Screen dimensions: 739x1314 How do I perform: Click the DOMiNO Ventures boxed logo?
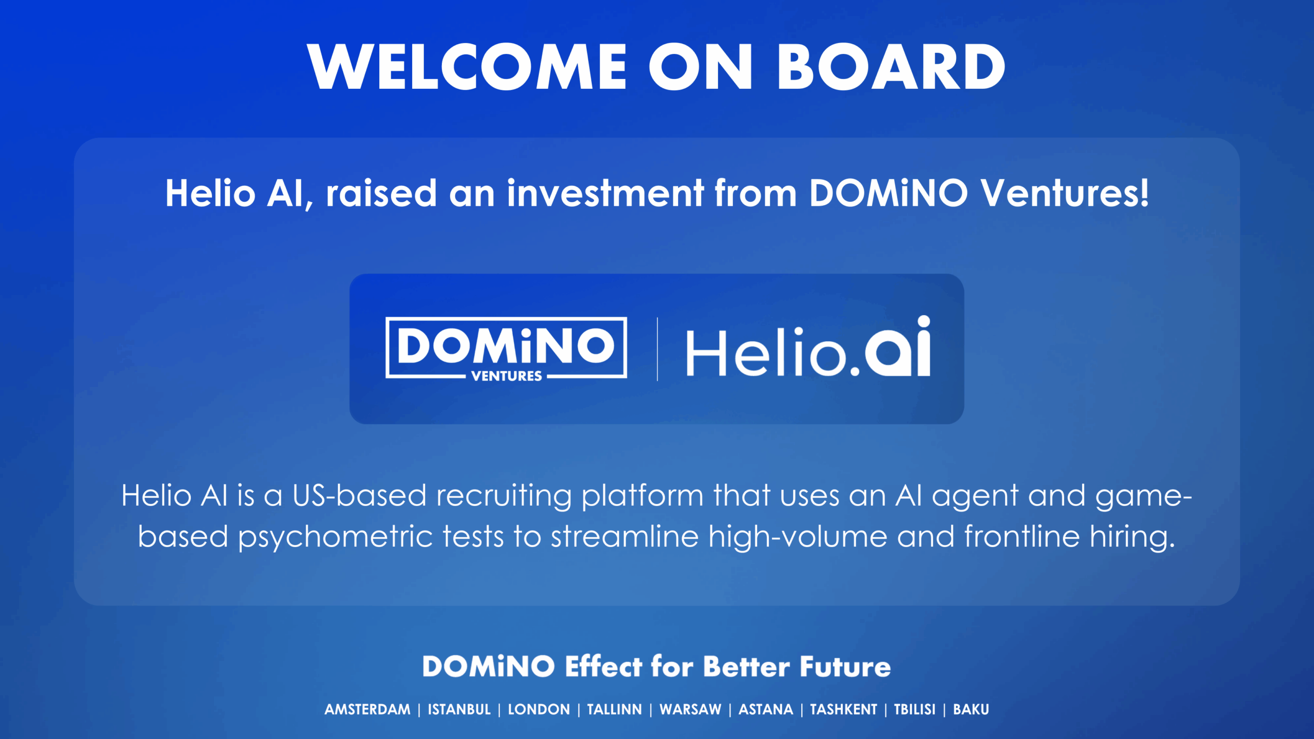tap(506, 347)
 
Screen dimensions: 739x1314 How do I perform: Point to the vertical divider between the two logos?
tap(657, 349)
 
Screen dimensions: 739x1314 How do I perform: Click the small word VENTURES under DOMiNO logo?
tap(506, 376)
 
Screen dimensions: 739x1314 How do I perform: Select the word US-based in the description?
tap(359, 496)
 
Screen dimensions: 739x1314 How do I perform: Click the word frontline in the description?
tap(1022, 537)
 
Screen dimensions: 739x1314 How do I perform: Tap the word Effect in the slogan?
tap(603, 667)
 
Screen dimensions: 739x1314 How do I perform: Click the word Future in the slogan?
tap(845, 667)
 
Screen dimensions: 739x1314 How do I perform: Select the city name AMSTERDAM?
tap(368, 709)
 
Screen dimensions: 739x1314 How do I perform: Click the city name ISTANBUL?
tap(459, 709)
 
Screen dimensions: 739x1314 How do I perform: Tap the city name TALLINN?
tap(614, 709)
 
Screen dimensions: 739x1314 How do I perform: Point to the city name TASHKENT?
tap(843, 709)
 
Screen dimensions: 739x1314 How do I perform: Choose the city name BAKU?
tap(971, 709)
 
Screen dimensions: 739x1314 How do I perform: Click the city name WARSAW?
tap(690, 709)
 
